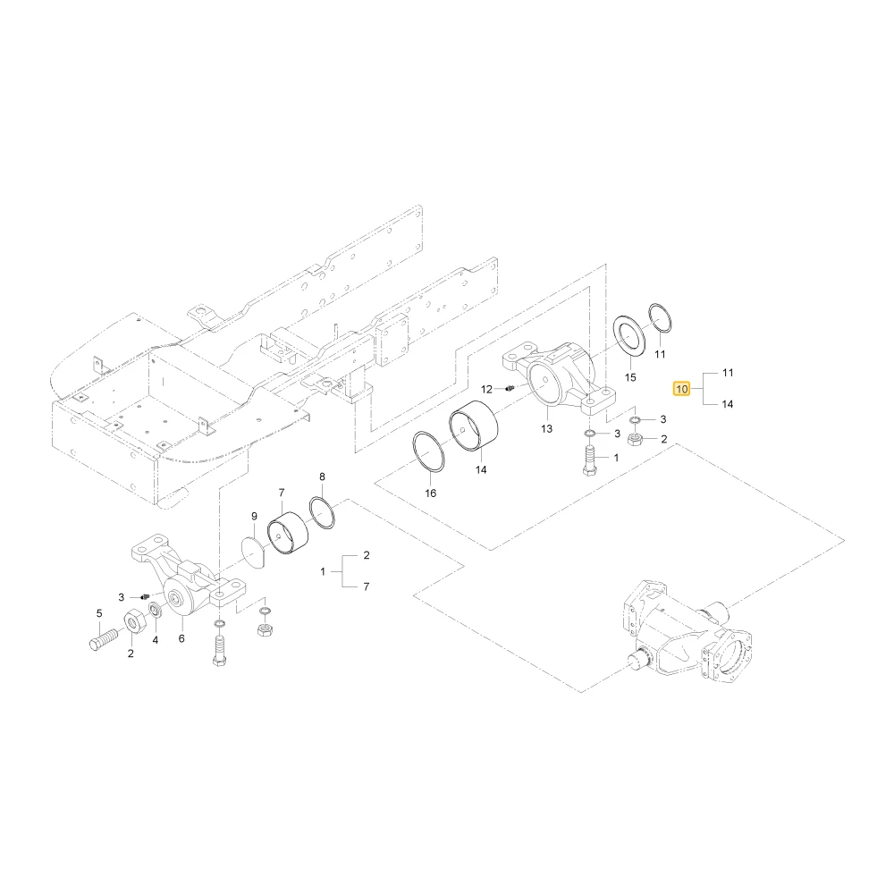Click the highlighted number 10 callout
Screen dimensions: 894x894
tap(682, 389)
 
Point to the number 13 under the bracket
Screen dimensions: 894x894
tap(547, 428)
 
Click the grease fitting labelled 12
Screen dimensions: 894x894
tap(510, 388)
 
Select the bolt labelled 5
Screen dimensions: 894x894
tap(103, 639)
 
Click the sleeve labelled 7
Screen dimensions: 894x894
tap(288, 533)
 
